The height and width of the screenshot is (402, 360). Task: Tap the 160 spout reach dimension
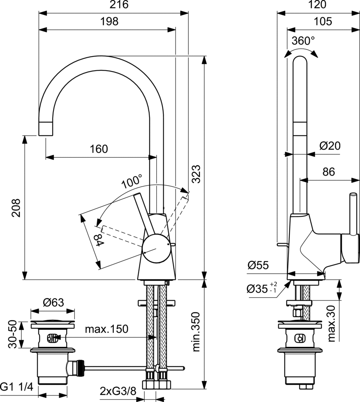click(99, 149)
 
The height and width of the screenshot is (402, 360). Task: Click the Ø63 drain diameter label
click(53, 302)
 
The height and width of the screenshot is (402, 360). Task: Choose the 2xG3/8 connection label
click(118, 391)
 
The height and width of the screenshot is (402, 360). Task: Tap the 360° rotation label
click(303, 41)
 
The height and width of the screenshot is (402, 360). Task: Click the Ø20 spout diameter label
click(330, 146)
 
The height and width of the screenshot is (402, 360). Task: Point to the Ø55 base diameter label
click(258, 266)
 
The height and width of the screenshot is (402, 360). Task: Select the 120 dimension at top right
click(317, 5)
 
